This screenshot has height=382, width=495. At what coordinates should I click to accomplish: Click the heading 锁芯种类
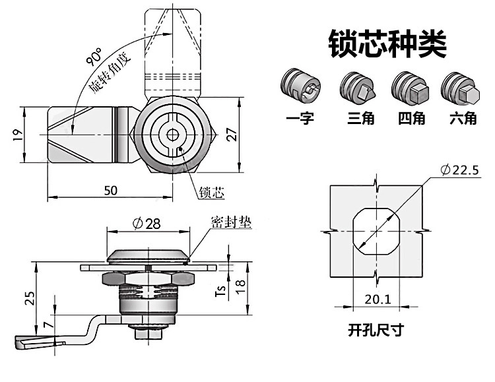click(387, 43)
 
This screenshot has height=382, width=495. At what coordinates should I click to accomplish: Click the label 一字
click(300, 118)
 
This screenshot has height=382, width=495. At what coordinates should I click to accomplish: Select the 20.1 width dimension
click(378, 300)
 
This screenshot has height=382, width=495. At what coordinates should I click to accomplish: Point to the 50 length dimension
click(111, 190)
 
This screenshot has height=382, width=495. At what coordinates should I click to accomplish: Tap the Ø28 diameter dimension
click(147, 224)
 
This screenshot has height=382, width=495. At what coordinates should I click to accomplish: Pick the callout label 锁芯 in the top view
click(211, 193)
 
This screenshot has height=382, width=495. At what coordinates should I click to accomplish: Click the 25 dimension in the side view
click(28, 298)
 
